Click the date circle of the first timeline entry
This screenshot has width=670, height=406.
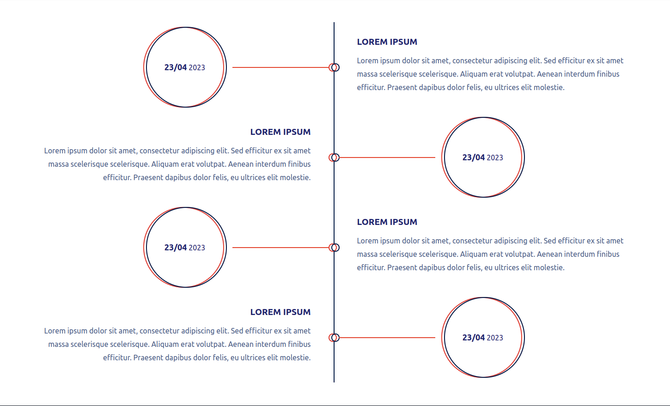[146, 67]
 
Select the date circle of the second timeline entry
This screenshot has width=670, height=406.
[445, 157]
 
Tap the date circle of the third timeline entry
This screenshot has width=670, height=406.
[146, 248]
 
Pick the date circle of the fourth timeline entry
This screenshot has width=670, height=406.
[445, 338]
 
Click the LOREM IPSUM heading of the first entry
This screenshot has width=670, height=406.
[387, 42]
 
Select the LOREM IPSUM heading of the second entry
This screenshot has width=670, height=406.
[280, 132]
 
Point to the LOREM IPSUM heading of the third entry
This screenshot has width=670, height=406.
[387, 222]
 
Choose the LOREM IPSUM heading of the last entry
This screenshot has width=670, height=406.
[280, 312]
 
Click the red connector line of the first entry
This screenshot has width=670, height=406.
[280, 67]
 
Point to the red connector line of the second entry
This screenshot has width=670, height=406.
[387, 157]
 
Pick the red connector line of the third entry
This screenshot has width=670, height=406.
[280, 248]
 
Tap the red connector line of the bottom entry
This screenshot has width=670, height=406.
[387, 338]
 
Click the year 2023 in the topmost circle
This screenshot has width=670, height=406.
[197, 68]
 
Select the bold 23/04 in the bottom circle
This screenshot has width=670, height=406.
[474, 338]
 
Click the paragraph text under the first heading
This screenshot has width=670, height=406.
[490, 74]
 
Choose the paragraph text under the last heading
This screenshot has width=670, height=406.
[177, 344]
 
